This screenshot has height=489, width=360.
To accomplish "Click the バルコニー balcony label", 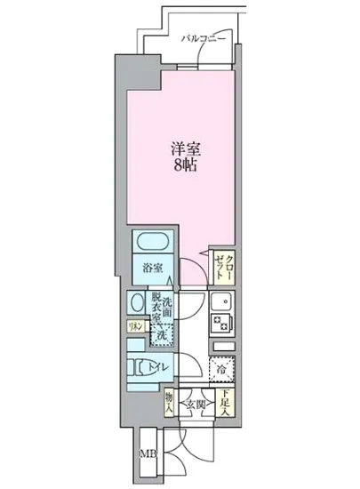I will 203,39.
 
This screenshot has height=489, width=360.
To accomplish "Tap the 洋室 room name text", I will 185,148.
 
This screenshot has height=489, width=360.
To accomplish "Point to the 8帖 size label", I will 185,165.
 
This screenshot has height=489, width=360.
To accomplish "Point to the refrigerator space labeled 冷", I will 219,367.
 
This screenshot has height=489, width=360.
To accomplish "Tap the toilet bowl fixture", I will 140,367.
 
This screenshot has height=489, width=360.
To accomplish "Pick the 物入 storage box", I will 169,405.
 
